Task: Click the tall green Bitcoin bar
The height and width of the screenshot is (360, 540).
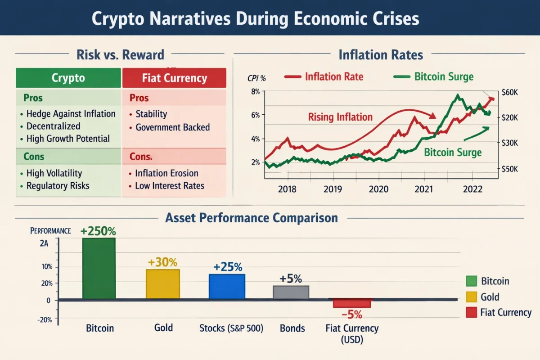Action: [x=99, y=268]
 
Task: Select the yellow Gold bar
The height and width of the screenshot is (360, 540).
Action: [x=163, y=283]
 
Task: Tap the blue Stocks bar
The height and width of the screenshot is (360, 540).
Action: [x=227, y=286]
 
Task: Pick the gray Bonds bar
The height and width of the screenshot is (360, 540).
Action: [x=291, y=292]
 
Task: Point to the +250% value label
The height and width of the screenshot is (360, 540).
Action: [x=98, y=231]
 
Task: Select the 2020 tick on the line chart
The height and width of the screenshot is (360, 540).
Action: [x=378, y=188]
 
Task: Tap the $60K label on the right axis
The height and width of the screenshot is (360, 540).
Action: [x=510, y=92]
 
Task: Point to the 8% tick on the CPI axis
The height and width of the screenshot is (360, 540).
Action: [x=255, y=92]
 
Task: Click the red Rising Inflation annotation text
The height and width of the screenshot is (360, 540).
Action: [x=340, y=117]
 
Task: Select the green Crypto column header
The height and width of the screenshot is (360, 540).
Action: [x=68, y=78]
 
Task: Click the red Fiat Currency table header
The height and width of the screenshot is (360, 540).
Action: [x=174, y=78]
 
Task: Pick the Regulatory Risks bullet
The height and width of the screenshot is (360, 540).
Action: [x=58, y=185]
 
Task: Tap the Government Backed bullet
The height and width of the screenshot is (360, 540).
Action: [x=172, y=127]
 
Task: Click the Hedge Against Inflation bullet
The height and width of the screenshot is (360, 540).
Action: [x=71, y=114]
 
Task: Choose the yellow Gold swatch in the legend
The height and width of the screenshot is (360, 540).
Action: [x=471, y=297]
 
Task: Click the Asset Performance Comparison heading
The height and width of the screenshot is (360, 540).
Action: [x=252, y=218]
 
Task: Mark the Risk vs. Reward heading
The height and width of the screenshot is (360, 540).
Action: [x=120, y=55]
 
